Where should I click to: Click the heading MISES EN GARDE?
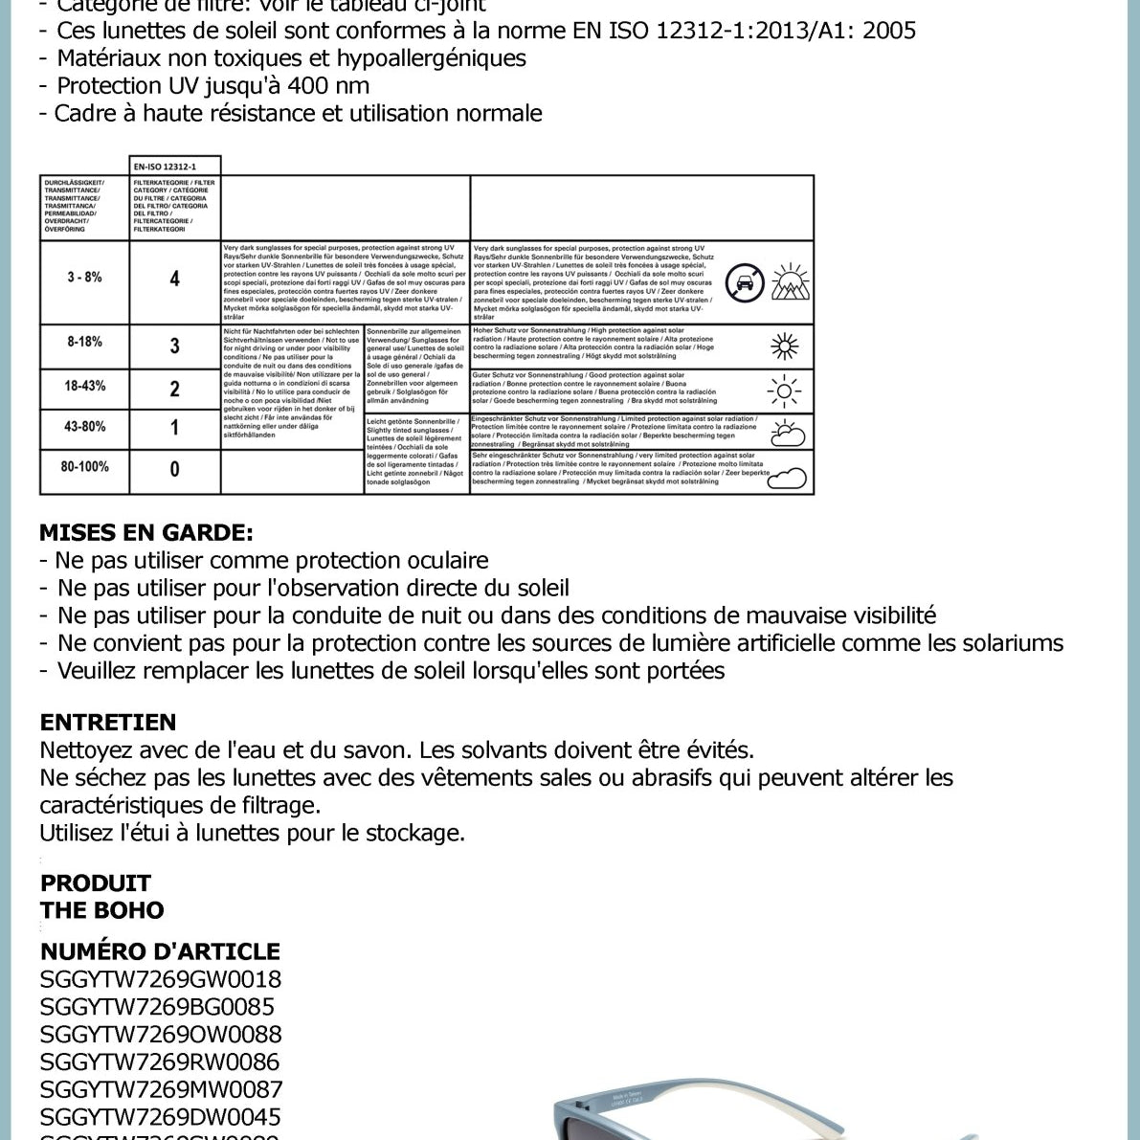(x=146, y=533)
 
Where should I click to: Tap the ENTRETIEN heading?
(x=108, y=723)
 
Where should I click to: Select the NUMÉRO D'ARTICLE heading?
(x=160, y=951)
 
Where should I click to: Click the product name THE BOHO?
(x=102, y=910)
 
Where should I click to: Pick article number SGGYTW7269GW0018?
(x=161, y=979)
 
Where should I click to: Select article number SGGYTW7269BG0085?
(x=157, y=1007)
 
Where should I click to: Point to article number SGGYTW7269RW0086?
(x=160, y=1062)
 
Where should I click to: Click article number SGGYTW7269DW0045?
(x=161, y=1117)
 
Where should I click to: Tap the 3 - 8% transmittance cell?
(x=84, y=278)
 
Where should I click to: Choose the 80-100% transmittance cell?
(x=84, y=467)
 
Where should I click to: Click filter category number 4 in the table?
(x=174, y=279)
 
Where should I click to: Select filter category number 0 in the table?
(x=174, y=469)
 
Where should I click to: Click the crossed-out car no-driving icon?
(x=745, y=283)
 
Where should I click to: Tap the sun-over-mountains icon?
(x=791, y=282)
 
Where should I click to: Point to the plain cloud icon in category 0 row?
(x=787, y=476)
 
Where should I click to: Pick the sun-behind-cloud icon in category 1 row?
(x=787, y=433)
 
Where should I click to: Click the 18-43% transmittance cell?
(x=84, y=387)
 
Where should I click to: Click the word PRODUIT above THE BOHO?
(x=96, y=883)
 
